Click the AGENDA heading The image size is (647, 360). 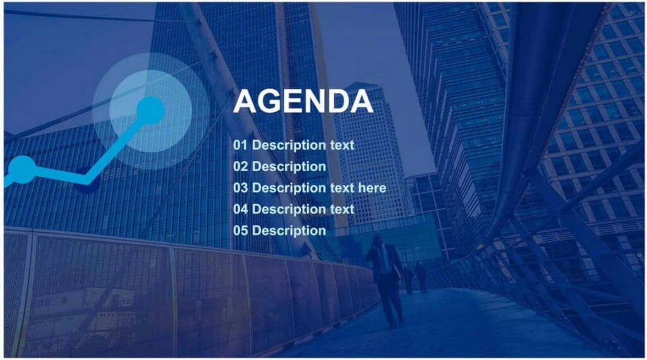303,102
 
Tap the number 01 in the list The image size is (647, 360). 240,145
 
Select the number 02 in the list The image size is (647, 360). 240,167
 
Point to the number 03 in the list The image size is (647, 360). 240,188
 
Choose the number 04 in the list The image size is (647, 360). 240,209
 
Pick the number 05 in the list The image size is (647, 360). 240,231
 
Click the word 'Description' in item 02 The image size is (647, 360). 289,167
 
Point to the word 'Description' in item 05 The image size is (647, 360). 289,231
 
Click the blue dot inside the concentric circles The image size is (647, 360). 150,111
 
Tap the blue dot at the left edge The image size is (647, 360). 21,169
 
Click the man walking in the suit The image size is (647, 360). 386,278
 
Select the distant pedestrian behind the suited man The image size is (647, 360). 420,275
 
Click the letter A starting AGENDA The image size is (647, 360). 246,102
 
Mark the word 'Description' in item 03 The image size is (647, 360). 289,188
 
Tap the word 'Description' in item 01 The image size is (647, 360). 289,145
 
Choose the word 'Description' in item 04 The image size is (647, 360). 289,209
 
